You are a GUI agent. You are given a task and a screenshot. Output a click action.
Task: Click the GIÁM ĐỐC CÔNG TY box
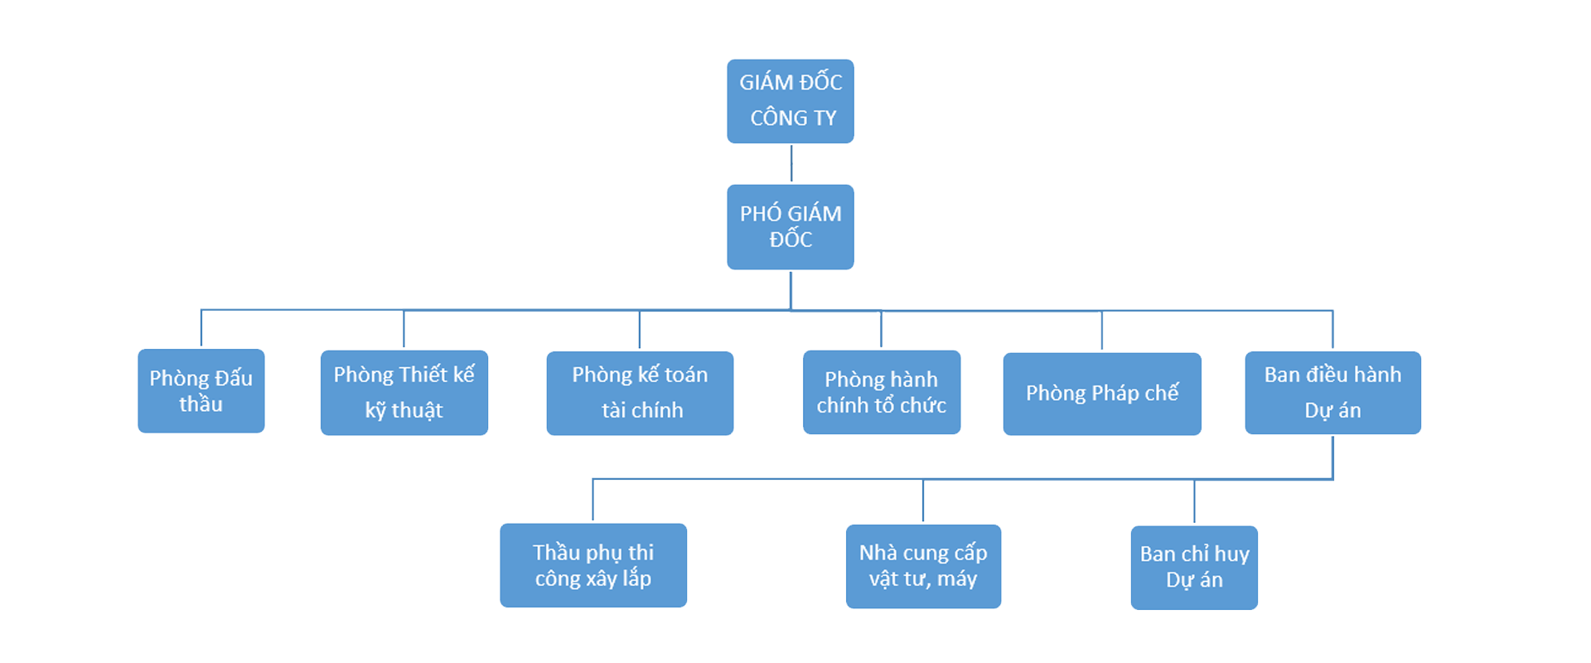pos(791,101)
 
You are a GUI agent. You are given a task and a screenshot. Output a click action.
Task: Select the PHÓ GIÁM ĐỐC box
pos(791,227)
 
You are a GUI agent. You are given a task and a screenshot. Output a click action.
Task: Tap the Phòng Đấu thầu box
pos(201,391)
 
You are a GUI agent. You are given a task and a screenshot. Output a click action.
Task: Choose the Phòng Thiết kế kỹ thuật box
pos(404,393)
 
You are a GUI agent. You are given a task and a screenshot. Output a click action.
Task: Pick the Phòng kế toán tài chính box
pos(640,393)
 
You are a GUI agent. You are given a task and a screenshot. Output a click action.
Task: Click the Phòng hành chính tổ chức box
pos(882,392)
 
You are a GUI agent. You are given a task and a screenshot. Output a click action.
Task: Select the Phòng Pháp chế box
pos(1102,394)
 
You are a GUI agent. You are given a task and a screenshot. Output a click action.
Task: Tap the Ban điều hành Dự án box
pos(1332,393)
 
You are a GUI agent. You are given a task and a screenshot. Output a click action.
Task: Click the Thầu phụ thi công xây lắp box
pos(593,565)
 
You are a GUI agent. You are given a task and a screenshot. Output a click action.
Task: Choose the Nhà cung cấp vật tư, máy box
pos(923,566)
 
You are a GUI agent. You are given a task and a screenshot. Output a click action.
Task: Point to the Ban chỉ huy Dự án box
pos(1194,568)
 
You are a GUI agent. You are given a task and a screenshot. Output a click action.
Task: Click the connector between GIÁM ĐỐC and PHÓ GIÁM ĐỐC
pos(791,163)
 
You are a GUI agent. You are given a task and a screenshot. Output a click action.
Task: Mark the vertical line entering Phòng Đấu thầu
pos(201,328)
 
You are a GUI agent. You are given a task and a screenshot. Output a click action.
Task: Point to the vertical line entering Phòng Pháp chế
pos(1102,331)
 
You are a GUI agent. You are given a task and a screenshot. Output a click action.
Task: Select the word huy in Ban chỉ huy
pos(1231,554)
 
